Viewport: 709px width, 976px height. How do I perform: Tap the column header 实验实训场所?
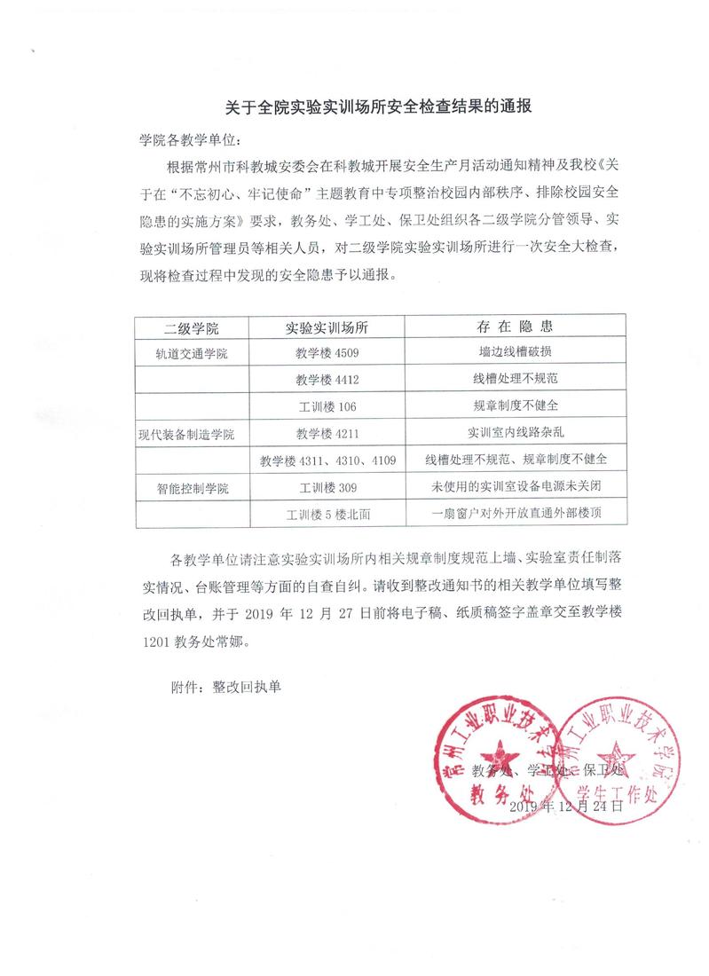327,327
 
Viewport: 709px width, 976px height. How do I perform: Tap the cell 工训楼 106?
327,406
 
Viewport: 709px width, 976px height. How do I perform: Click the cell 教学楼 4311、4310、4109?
327,460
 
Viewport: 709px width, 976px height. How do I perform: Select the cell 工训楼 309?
327,488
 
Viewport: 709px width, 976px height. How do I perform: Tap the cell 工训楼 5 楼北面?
327,515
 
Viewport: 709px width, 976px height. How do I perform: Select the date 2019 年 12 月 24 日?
567,807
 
